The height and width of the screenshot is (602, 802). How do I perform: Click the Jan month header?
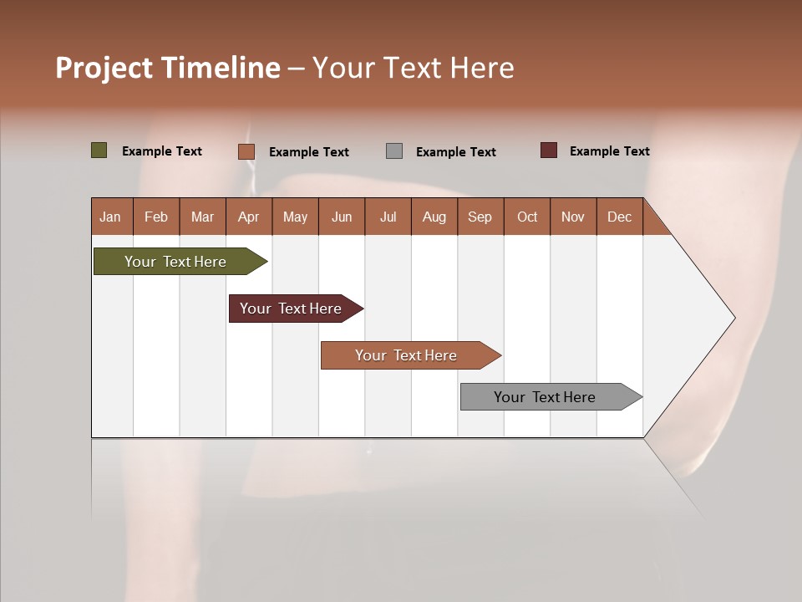point(111,217)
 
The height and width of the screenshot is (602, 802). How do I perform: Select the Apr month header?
point(249,217)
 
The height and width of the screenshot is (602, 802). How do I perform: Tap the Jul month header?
point(388,217)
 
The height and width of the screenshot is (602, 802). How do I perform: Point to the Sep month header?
point(480,217)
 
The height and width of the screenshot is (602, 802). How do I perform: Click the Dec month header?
point(620,217)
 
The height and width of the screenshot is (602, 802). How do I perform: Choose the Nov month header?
point(573,217)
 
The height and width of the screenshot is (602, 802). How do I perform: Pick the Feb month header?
point(157,217)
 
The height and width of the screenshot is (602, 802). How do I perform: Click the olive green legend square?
point(99,150)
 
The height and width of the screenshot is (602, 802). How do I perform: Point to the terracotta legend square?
point(246,151)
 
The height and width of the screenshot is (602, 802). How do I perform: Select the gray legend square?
point(394,151)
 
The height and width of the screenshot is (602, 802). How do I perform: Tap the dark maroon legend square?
point(549,150)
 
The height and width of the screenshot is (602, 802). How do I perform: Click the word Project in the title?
point(104,68)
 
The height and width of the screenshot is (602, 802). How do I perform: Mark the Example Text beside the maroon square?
point(610,151)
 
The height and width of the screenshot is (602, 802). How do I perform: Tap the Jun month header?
point(342,217)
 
